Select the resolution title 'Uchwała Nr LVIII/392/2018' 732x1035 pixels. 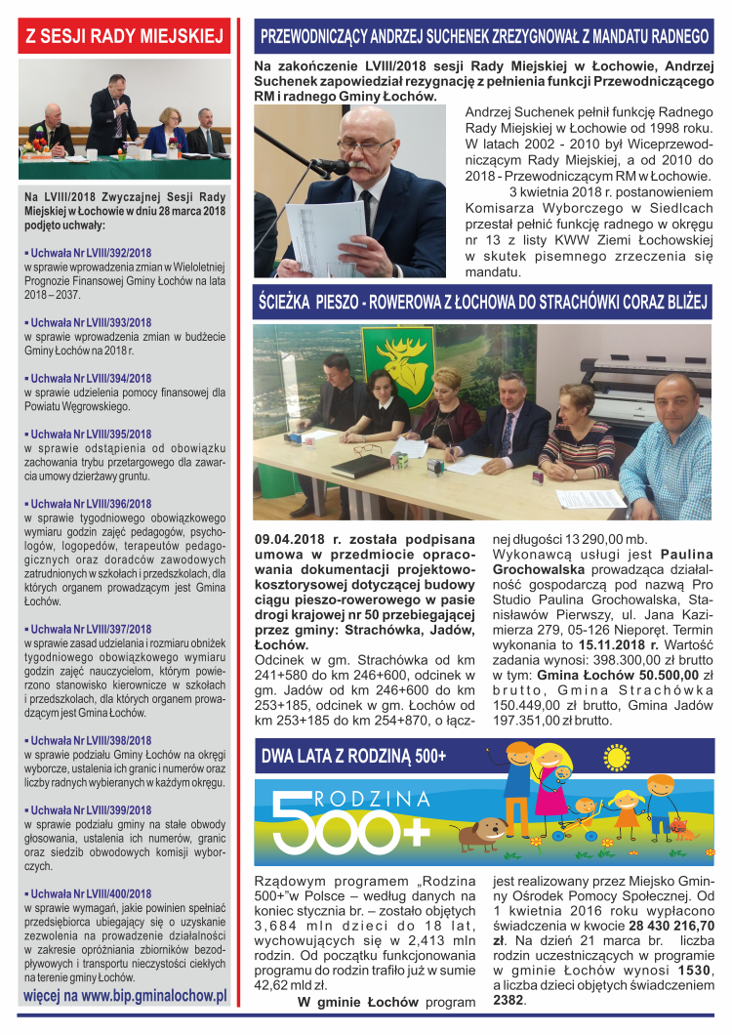pos(90,252)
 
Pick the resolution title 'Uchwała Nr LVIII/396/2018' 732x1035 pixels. pos(90,504)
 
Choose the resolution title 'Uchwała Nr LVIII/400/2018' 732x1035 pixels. pos(90,892)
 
